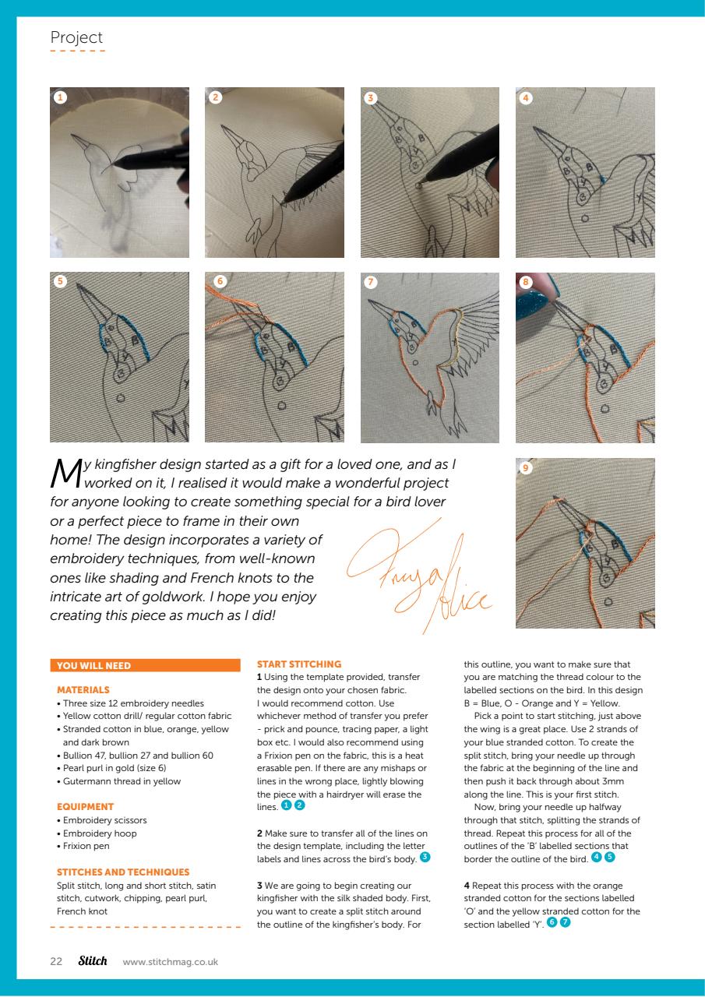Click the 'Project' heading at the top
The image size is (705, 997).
click(76, 37)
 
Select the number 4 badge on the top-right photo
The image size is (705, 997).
click(527, 97)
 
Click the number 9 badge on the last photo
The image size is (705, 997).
click(527, 468)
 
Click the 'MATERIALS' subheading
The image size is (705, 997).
click(83, 689)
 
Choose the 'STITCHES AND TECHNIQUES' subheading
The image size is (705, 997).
click(123, 872)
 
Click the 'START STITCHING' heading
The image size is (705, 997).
click(299, 664)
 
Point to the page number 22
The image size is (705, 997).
click(56, 961)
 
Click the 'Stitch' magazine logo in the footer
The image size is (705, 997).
click(93, 960)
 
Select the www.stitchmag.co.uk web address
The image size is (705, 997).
click(171, 962)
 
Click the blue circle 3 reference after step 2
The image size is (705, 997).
click(424, 858)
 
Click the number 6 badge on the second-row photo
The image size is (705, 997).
click(220, 282)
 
